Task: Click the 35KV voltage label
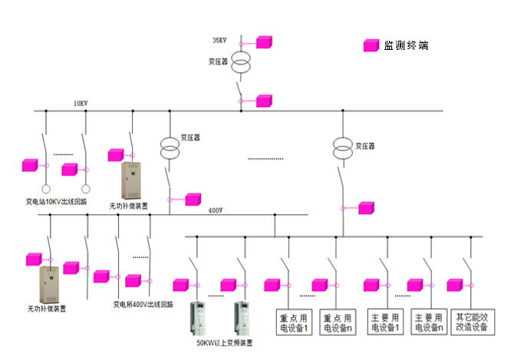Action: click(220, 39)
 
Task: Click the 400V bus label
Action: click(216, 210)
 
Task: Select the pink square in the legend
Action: click(370, 46)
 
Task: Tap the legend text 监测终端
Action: click(406, 46)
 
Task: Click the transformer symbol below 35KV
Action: click(241, 61)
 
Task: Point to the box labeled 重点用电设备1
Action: click(294, 322)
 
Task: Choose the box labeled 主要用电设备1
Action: click(385, 322)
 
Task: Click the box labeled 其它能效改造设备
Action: click(472, 322)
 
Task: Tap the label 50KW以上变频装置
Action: click(224, 342)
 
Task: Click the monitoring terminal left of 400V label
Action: click(193, 200)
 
